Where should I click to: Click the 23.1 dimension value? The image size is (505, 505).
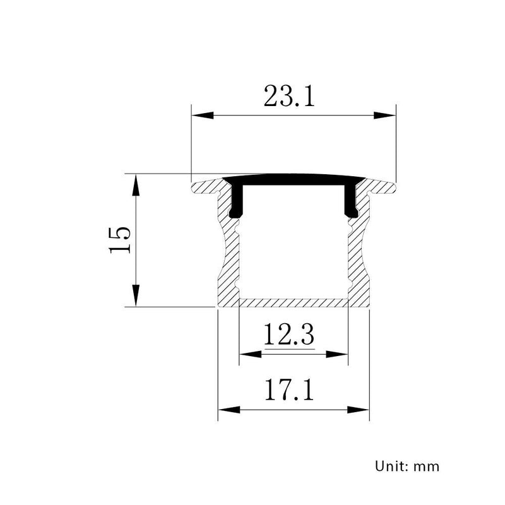[x=289, y=96]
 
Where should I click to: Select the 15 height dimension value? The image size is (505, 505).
[x=120, y=241]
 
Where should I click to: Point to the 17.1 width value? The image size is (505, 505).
[x=289, y=389]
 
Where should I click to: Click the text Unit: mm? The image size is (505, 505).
[x=407, y=466]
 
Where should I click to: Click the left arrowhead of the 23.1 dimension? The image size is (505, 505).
[x=202, y=116]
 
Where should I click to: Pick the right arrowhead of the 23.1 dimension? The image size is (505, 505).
[x=384, y=116]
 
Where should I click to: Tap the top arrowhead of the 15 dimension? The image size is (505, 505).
[x=136, y=185]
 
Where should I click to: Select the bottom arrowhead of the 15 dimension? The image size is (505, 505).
[x=136, y=295]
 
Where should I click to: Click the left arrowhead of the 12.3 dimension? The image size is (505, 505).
[x=251, y=354]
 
